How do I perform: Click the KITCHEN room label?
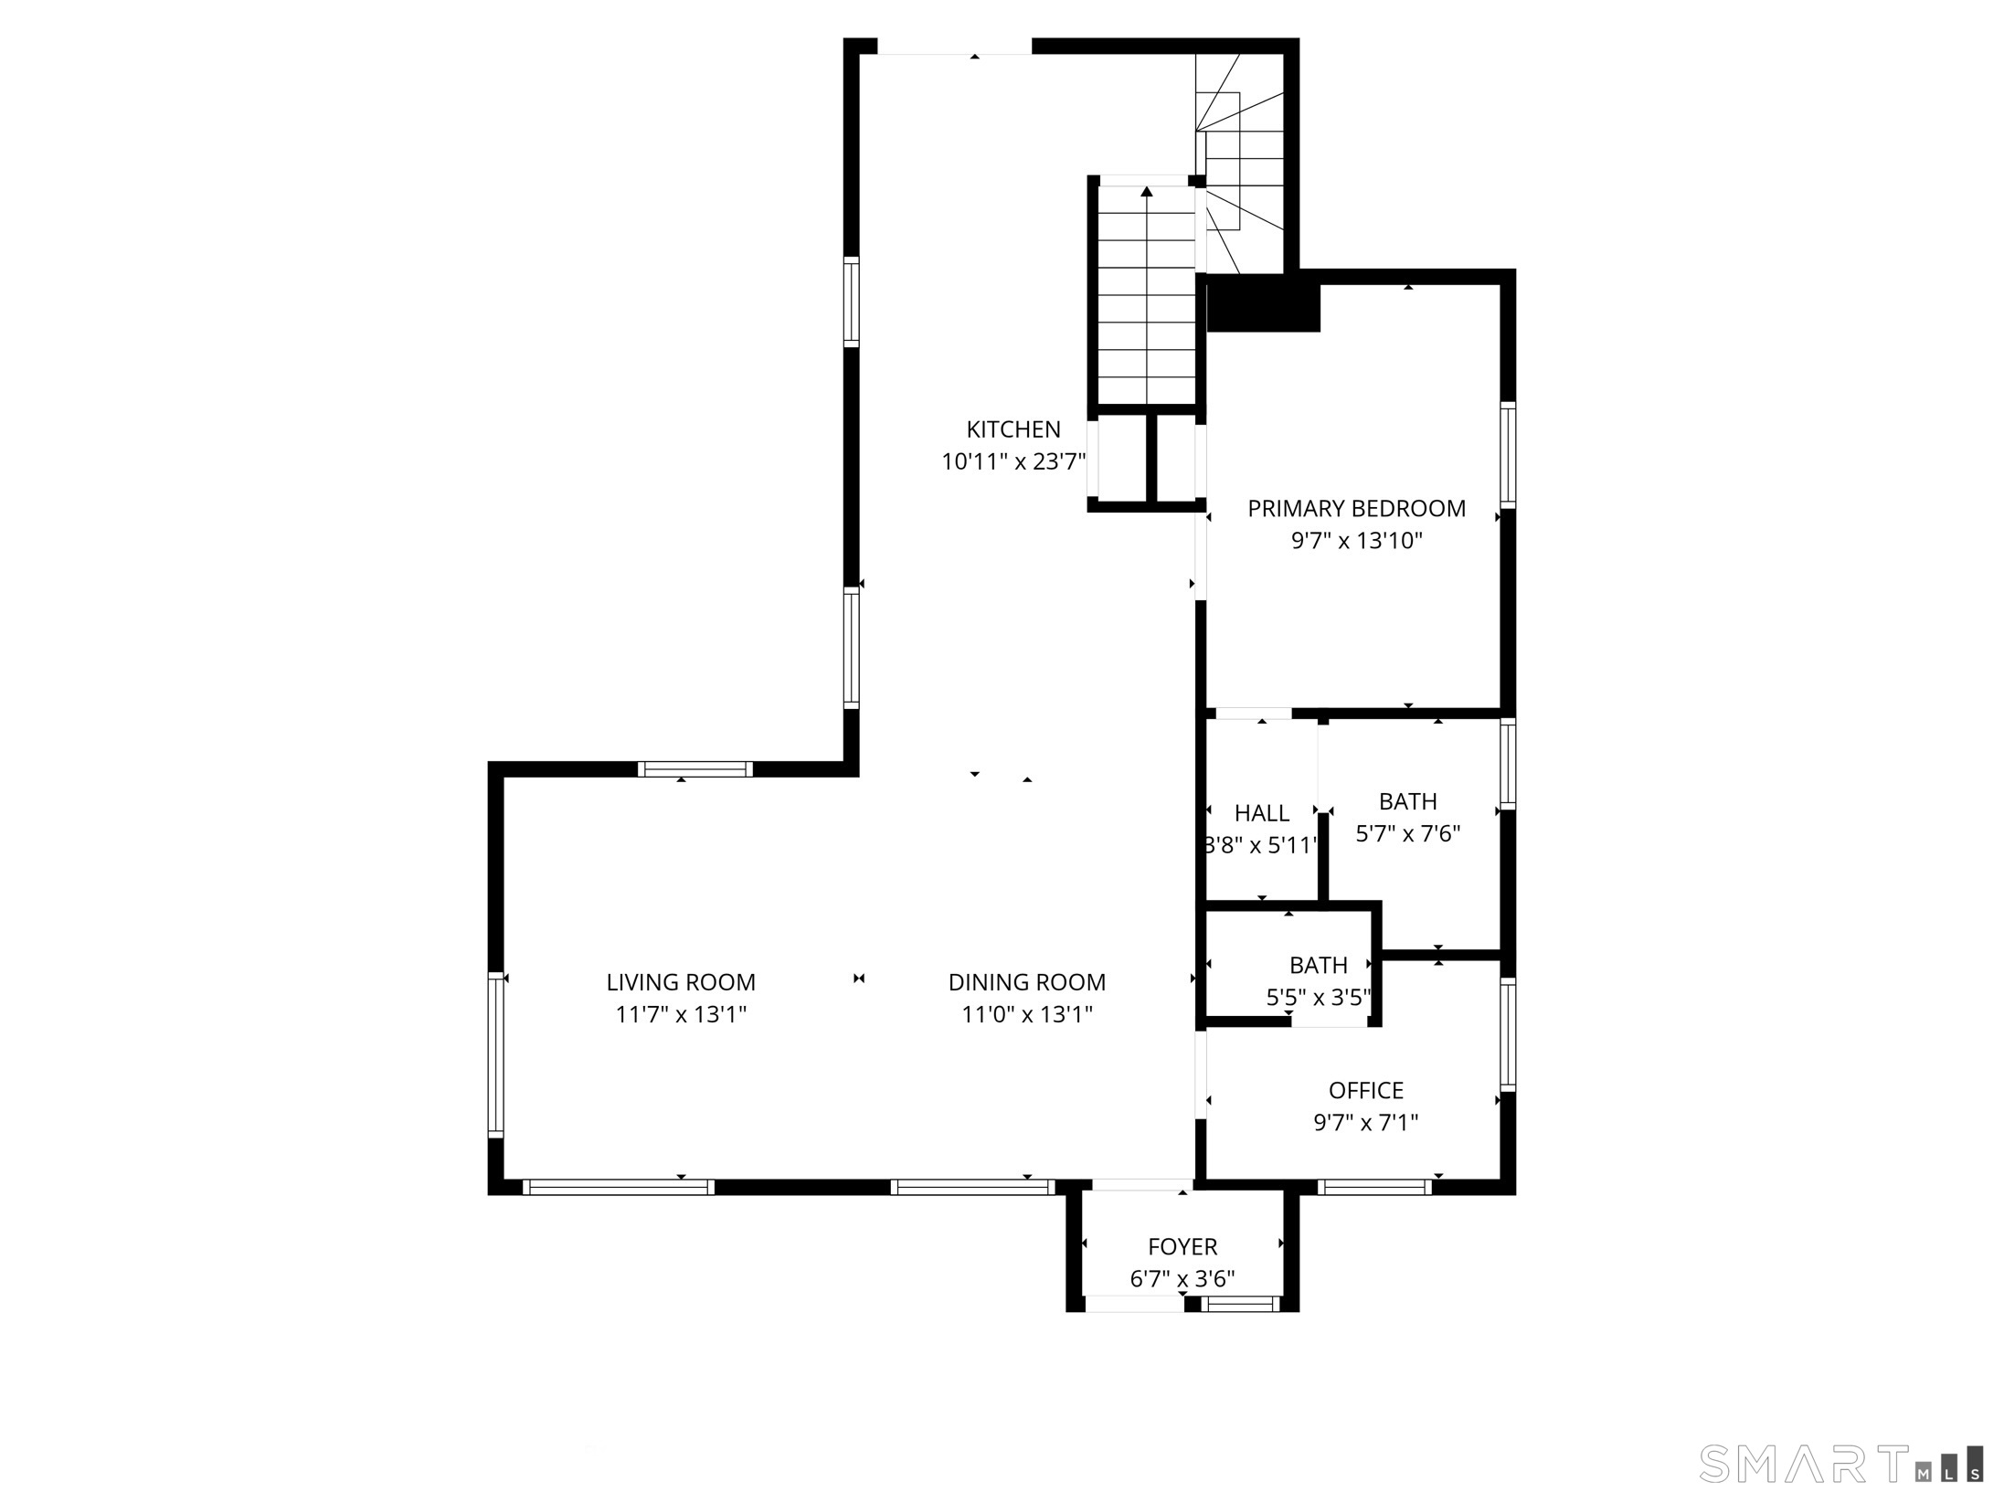(x=1013, y=429)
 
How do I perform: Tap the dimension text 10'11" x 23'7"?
(x=1013, y=462)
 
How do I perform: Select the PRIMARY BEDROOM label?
(x=1356, y=509)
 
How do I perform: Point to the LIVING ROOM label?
(x=681, y=982)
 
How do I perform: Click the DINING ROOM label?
(x=1026, y=982)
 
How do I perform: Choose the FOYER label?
(x=1182, y=1247)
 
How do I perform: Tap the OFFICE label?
(x=1365, y=1090)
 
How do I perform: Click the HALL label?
(x=1261, y=813)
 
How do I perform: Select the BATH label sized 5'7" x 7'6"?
(x=1407, y=801)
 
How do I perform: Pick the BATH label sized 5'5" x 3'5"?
(x=1318, y=965)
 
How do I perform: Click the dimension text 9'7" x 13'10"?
(x=1356, y=541)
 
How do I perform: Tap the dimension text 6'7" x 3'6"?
(x=1182, y=1279)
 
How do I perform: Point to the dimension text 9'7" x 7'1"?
(x=1365, y=1122)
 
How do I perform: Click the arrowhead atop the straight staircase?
(x=1146, y=192)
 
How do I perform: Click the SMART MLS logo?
(x=1840, y=1464)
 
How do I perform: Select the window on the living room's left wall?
(x=495, y=1053)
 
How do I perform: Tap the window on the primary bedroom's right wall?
(x=1508, y=455)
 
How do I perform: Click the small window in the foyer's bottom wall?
(x=1240, y=1305)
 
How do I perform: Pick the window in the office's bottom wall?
(x=1374, y=1187)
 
